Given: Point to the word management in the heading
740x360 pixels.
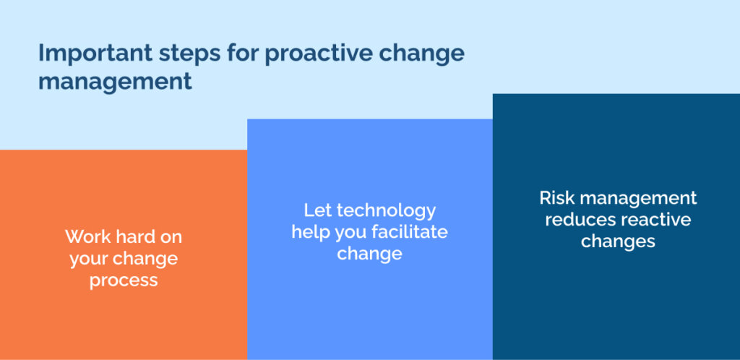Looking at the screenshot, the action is pyautogui.click(x=115, y=82).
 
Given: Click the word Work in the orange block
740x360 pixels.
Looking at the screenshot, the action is pyautogui.click(x=85, y=236).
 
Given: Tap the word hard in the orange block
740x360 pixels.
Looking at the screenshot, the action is pyautogui.click(x=133, y=236).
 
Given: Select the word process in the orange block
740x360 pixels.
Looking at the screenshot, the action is pyautogui.click(x=124, y=281).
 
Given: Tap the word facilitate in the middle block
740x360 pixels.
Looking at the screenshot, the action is pyautogui.click(x=410, y=232).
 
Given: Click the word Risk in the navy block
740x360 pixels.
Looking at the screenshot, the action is pyautogui.click(x=555, y=197).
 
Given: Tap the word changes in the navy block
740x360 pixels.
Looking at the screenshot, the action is pyautogui.click(x=619, y=241).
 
